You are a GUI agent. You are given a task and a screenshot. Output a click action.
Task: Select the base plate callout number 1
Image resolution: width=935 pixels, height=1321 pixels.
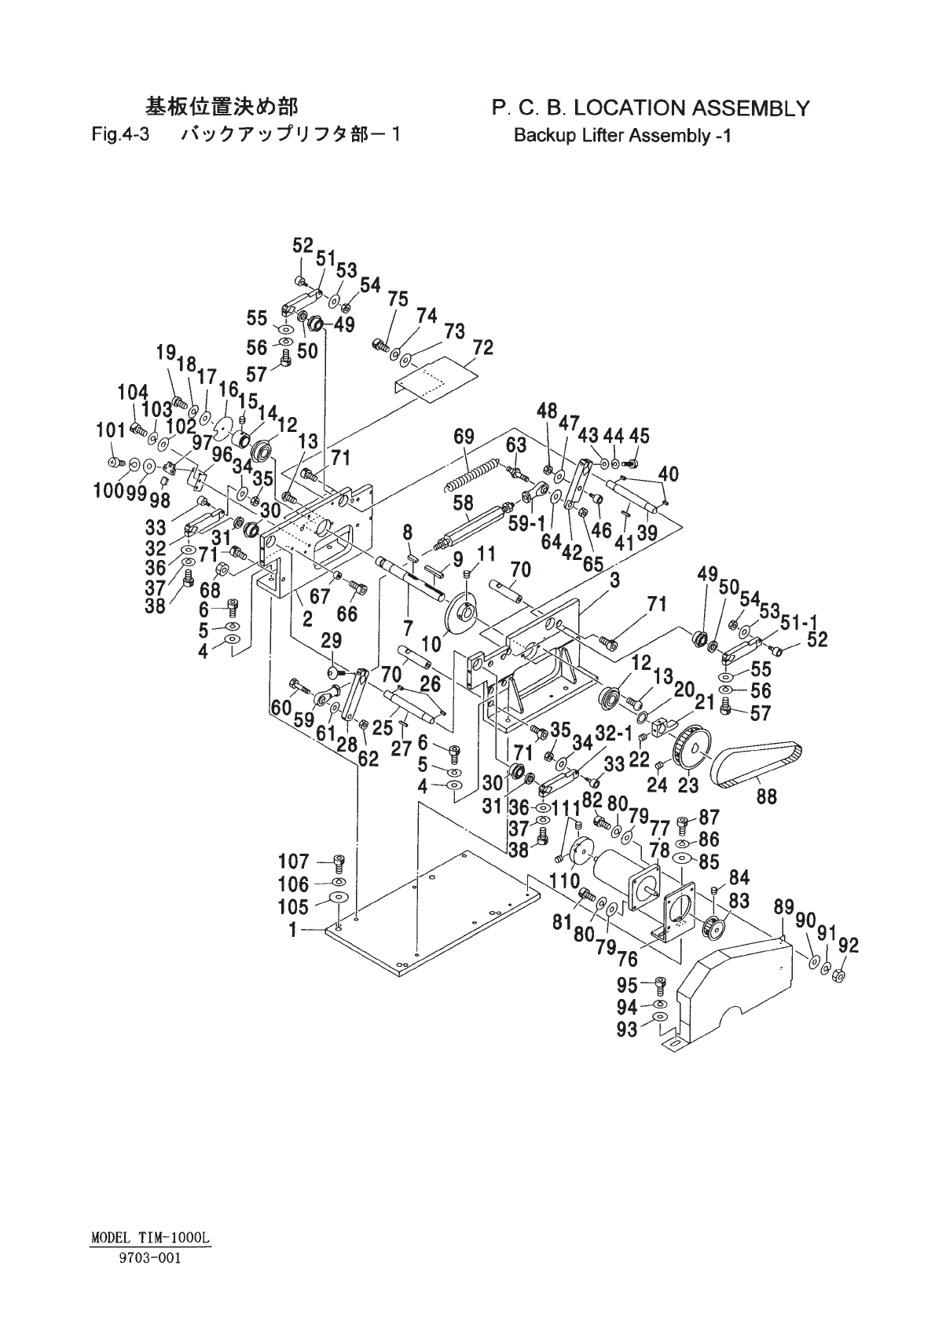[x=293, y=930]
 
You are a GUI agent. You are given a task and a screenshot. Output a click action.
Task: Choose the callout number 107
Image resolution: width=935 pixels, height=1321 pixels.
[x=295, y=862]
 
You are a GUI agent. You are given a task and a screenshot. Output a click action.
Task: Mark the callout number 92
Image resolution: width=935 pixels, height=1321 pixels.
[x=848, y=945]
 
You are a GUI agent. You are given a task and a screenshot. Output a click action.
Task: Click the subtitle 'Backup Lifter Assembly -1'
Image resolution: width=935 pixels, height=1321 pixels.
[x=622, y=135]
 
